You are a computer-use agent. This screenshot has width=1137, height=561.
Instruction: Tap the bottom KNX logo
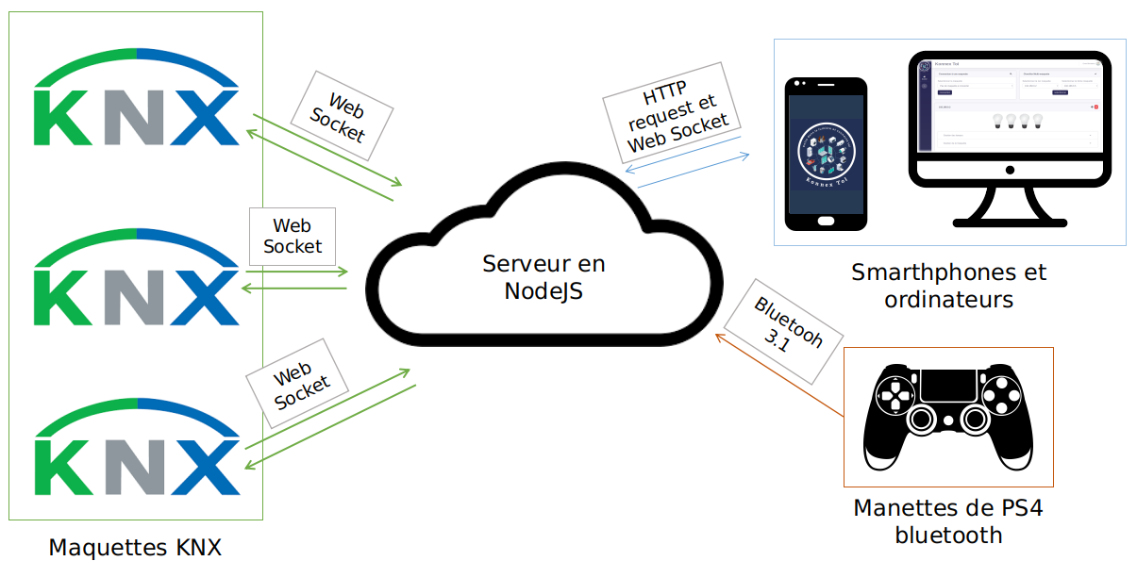click(x=136, y=448)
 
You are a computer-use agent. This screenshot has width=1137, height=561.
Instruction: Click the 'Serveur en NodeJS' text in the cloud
click(x=543, y=277)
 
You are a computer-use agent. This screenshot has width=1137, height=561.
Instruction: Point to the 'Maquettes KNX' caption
click(x=135, y=547)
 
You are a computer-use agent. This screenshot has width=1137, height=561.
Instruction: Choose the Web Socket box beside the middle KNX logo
click(x=293, y=236)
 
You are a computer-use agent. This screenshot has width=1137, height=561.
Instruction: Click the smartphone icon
click(x=827, y=154)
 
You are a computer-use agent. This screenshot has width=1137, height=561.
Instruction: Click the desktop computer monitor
click(x=1010, y=118)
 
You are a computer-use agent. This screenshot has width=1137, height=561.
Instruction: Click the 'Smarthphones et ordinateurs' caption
click(x=948, y=286)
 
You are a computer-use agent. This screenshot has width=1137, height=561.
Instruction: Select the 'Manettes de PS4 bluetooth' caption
click(x=948, y=521)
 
